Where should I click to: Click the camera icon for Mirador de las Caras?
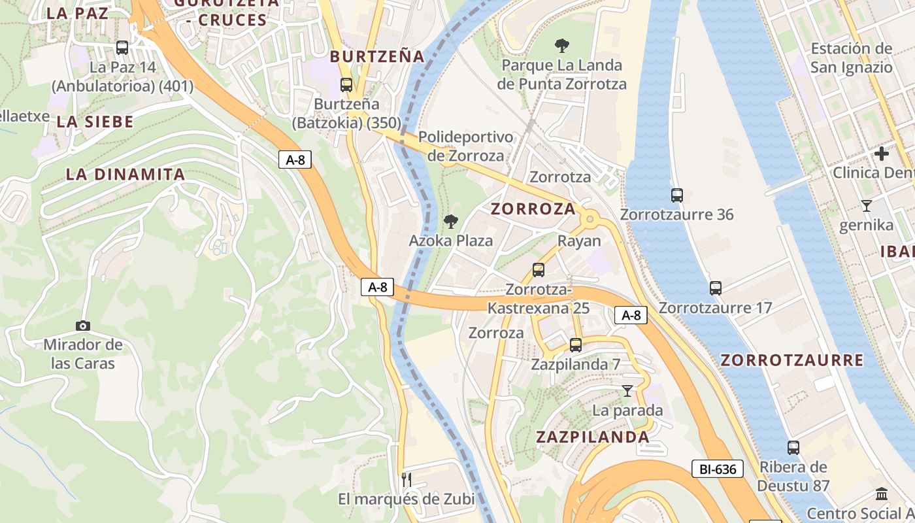tap(83, 326)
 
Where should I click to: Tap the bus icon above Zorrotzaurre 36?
tap(677, 195)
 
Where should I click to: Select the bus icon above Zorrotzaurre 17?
tap(716, 288)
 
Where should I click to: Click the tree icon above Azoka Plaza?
tap(450, 222)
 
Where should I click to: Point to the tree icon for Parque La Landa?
tap(561, 46)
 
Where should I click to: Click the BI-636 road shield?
tap(718, 469)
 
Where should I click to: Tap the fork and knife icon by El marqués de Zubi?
tap(407, 479)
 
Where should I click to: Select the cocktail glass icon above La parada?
tap(627, 391)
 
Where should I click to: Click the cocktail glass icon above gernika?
tap(867, 206)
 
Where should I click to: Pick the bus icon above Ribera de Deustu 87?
tap(793, 448)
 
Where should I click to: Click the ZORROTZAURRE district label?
tap(791, 360)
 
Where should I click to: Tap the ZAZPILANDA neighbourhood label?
tap(593, 437)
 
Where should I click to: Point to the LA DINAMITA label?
tap(125, 175)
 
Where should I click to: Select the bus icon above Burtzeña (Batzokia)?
tap(346, 84)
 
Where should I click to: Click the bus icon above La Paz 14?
tap(122, 47)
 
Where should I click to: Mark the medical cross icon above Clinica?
tap(882, 154)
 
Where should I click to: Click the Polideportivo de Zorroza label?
tap(465, 146)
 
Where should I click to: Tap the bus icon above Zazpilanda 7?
tap(575, 345)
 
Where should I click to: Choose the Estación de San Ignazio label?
tap(851, 58)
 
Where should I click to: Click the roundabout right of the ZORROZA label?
tap(590, 219)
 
